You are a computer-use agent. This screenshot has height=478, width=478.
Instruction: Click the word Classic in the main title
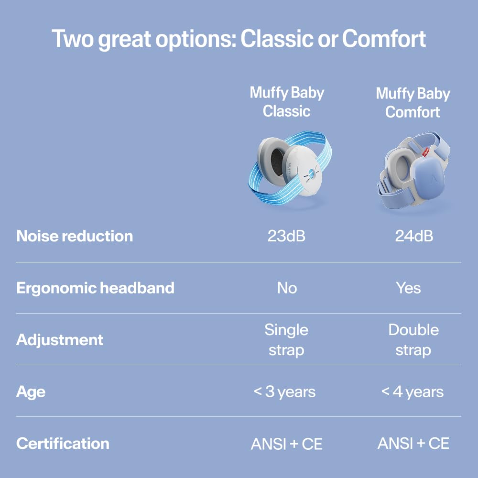pos(277,39)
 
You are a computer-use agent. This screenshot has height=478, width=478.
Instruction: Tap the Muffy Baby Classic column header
pos(287,102)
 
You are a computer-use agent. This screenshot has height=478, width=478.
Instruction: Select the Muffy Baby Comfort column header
pos(413,102)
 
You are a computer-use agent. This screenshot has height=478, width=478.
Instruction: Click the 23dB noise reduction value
pos(286,236)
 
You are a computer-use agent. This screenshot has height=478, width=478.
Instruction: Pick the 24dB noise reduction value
pos(414,236)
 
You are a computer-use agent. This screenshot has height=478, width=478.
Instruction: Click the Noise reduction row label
pos(75,236)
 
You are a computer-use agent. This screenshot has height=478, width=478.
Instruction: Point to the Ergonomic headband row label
pos(95,288)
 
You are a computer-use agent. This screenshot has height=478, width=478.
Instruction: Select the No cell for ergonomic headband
pos(287,288)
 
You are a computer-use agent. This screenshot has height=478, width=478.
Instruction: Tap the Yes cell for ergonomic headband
pos(408,288)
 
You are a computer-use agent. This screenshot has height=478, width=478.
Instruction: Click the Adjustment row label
pos(60,340)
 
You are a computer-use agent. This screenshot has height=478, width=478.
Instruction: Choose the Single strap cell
pos(286,340)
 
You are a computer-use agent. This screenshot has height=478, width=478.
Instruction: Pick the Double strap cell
pos(413,340)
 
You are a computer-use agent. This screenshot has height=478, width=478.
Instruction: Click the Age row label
pos(31,392)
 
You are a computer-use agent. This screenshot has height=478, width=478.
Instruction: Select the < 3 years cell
pos(284,392)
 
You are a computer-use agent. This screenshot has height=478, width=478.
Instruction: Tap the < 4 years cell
pos(412,392)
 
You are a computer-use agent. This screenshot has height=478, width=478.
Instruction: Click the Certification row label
pos(63,444)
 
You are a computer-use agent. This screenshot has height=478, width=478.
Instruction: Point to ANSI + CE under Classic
pos(286,444)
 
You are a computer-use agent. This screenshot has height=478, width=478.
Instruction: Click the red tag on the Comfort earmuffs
pos(426,151)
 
